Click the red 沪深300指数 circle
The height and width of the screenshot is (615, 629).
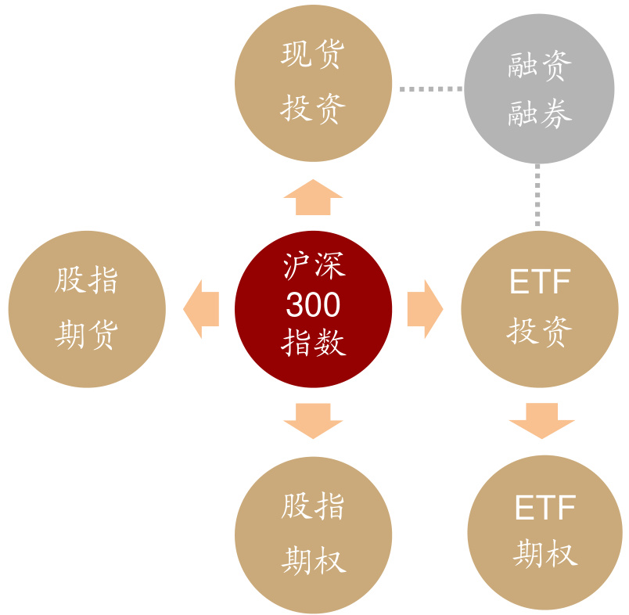click(x=313, y=309)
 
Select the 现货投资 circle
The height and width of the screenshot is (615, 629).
click(x=313, y=84)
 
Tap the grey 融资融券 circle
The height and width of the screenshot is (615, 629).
click(x=540, y=88)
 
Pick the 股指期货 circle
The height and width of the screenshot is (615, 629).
click(x=87, y=309)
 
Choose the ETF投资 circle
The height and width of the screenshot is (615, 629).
click(x=540, y=309)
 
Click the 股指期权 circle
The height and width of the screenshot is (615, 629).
click(x=313, y=534)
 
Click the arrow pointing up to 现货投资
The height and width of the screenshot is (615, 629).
click(x=313, y=197)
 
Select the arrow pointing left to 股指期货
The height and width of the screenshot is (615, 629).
click(x=200, y=309)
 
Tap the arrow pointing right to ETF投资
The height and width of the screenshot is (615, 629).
click(x=426, y=309)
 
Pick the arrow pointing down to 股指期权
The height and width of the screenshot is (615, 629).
click(x=313, y=421)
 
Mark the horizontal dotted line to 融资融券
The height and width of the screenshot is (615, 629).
click(x=430, y=89)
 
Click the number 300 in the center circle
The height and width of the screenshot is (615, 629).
click(x=313, y=306)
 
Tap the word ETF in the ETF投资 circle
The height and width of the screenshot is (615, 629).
click(x=540, y=282)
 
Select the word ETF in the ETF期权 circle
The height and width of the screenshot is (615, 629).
click(x=545, y=509)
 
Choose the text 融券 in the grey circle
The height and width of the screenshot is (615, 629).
click(x=540, y=114)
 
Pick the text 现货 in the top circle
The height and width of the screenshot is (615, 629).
click(x=313, y=55)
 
